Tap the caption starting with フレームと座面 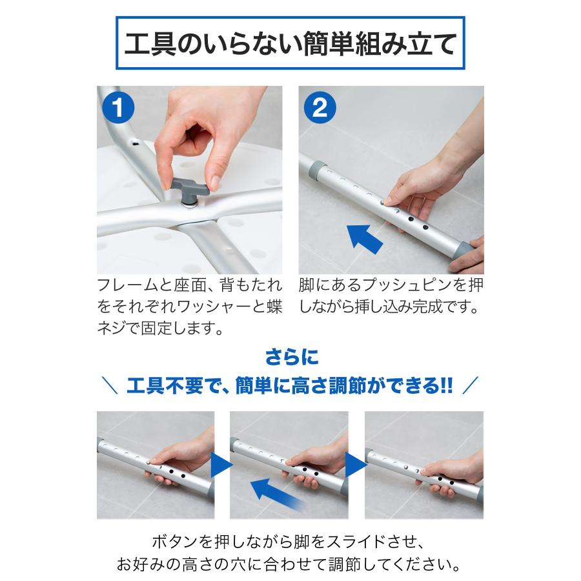(189, 307)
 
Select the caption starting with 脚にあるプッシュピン (391, 296)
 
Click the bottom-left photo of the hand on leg (155, 465)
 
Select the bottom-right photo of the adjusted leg (423, 465)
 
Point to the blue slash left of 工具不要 (110, 387)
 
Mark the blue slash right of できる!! (471, 387)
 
